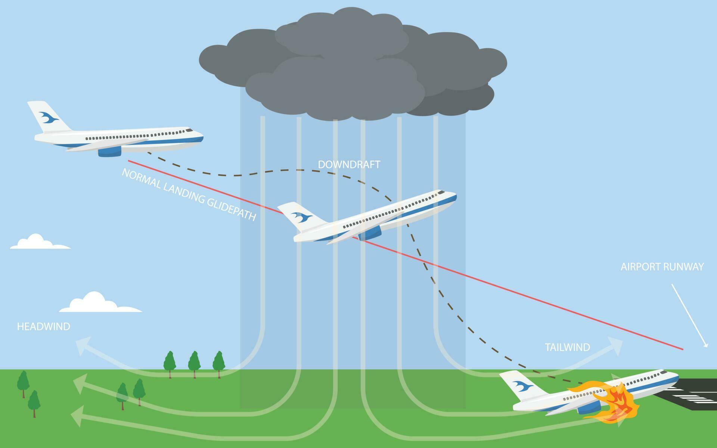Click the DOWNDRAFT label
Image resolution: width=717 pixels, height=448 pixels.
tap(349, 165)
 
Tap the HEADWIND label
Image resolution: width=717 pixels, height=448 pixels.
tap(44, 327)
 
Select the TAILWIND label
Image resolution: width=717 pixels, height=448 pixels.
tap(567, 347)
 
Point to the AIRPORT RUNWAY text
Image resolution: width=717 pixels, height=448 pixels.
tap(662, 267)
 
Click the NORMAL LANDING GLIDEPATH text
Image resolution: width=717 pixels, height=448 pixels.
tap(189, 195)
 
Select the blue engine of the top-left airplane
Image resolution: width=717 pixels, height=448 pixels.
tap(110, 151)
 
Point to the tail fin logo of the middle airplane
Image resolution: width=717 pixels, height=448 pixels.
tap(302, 216)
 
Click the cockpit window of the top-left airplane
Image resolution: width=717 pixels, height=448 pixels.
tap(190, 130)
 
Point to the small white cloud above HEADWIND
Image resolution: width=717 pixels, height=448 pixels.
tap(101, 302)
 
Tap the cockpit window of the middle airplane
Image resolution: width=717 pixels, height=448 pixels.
tap(441, 193)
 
